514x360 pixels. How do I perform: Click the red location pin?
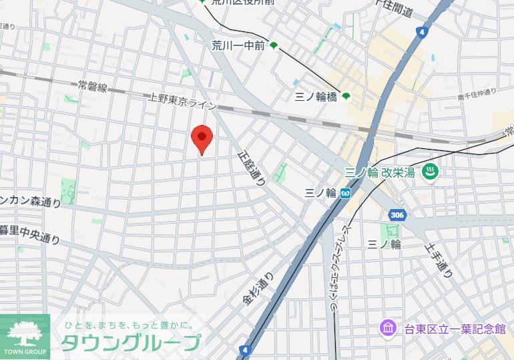pyautogui.click(x=202, y=138)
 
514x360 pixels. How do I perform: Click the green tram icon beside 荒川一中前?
pyautogui.click(x=274, y=46)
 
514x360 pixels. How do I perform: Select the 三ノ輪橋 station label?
pyautogui.click(x=316, y=97)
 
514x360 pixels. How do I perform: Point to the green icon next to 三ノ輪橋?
pyautogui.click(x=346, y=97)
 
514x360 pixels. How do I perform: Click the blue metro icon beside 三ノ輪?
pyautogui.click(x=345, y=193)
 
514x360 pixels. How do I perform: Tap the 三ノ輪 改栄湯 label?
pyautogui.click(x=380, y=172)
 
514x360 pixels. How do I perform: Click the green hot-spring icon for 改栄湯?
pyautogui.click(x=431, y=172)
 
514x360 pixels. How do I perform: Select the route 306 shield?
pyautogui.click(x=397, y=214)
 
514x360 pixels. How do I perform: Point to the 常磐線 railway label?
pyautogui.click(x=92, y=86)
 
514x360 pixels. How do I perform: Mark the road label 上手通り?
pyautogui.click(x=439, y=260)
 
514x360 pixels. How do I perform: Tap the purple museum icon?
pyautogui.click(x=388, y=328)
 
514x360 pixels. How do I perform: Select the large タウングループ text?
pyautogui.click(x=131, y=343)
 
